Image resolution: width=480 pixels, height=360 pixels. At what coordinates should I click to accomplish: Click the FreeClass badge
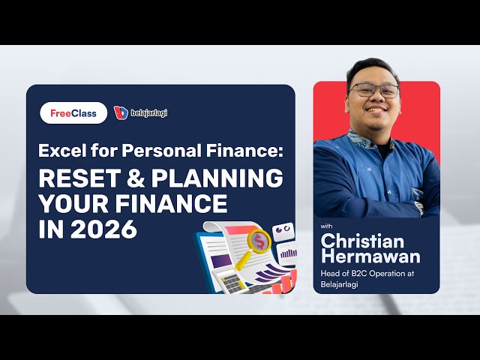(73, 112)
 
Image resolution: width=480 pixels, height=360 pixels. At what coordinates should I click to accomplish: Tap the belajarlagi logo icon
(120, 112)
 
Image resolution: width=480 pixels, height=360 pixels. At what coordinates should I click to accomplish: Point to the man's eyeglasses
(375, 90)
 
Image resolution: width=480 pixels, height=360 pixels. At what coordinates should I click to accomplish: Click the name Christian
(362, 241)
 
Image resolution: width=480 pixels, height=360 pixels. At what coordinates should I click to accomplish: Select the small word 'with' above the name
(326, 225)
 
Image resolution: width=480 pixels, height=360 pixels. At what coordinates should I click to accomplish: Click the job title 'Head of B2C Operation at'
(367, 273)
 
